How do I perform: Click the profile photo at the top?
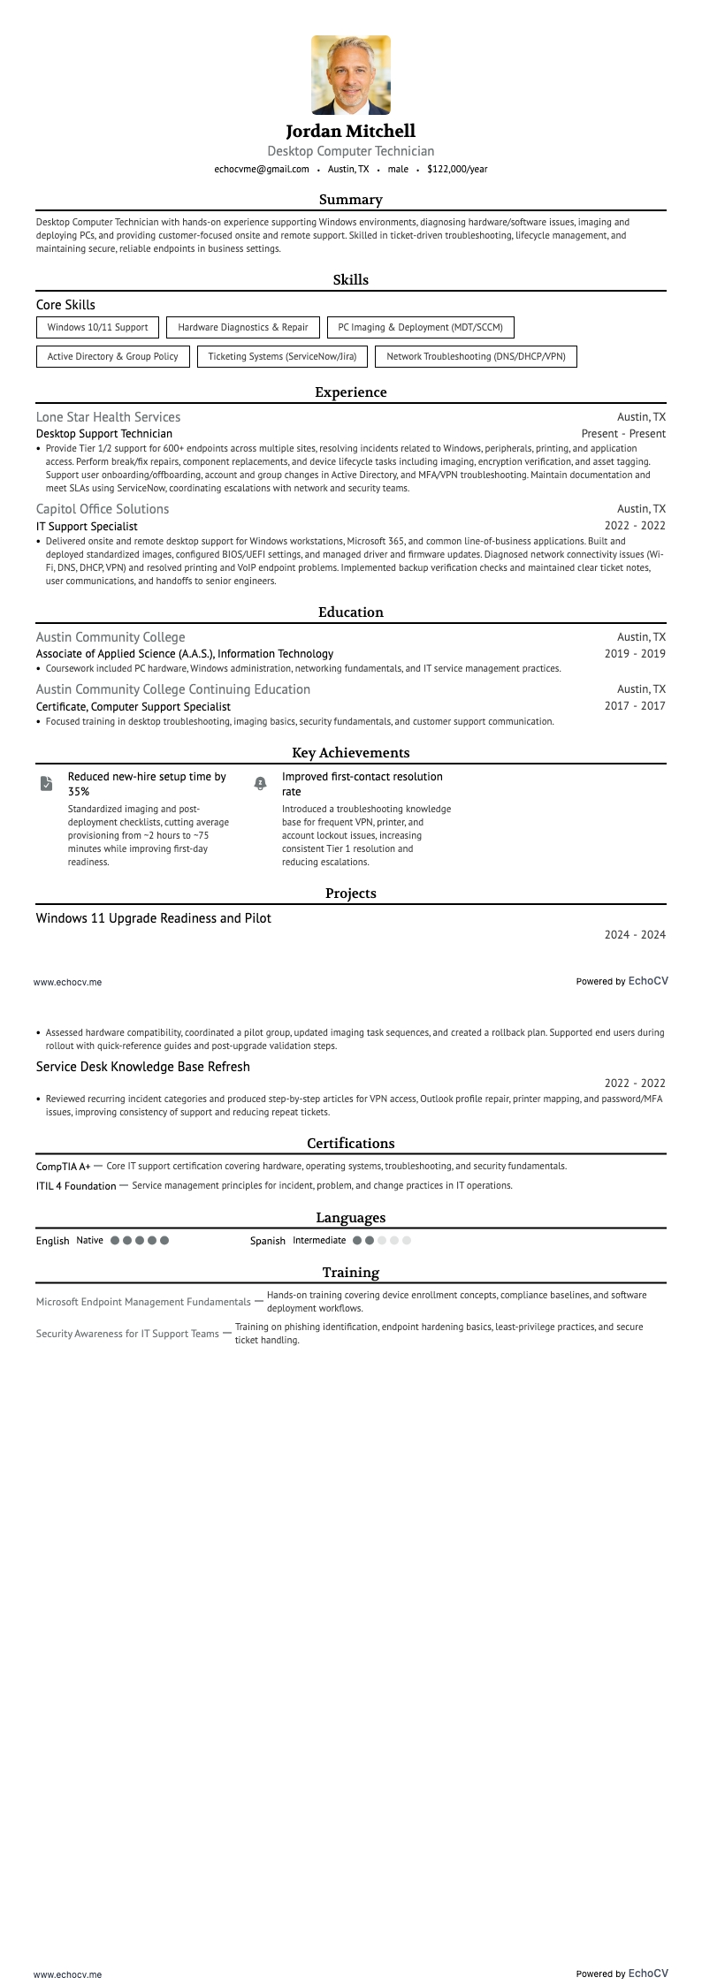point(351,75)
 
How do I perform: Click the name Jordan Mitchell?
point(351,132)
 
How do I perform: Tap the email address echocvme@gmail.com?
point(262,169)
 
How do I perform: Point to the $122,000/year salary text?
point(457,169)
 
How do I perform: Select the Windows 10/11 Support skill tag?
point(97,327)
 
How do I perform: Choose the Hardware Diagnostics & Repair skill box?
point(243,327)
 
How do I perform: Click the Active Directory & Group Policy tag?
point(112,356)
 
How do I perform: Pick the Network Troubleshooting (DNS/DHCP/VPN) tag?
point(476,356)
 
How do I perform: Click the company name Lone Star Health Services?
point(108,417)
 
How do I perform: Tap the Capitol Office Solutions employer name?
point(103,509)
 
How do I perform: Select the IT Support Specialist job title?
point(87,526)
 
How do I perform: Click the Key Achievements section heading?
point(351,753)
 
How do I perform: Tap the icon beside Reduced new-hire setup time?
point(46,784)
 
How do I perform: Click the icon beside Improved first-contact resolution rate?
point(260,784)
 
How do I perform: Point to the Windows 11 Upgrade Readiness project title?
point(153,918)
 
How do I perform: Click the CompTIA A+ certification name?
point(63,1167)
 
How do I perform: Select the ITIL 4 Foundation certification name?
point(76,1186)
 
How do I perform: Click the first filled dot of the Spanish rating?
point(357,1241)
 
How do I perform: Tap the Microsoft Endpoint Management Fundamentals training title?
point(143,1302)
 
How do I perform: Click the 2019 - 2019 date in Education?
point(635,654)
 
